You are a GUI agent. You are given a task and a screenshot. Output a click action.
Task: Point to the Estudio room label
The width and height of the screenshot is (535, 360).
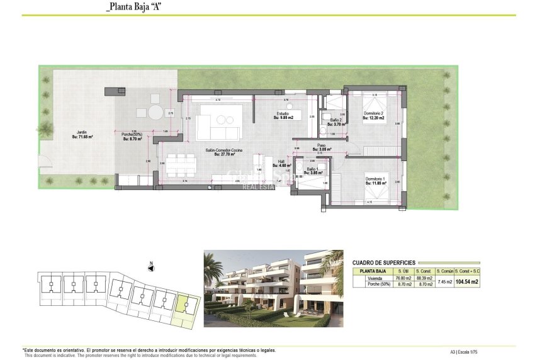(281, 115)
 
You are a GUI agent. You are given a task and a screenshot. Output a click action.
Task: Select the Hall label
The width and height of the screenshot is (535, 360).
(283, 162)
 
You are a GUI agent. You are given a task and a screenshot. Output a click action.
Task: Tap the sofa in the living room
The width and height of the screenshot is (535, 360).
(218, 123)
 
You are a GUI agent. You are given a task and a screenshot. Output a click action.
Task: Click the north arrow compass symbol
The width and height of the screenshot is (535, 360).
(151, 267)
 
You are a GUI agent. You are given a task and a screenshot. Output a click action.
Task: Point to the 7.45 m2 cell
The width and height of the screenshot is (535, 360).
(444, 281)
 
